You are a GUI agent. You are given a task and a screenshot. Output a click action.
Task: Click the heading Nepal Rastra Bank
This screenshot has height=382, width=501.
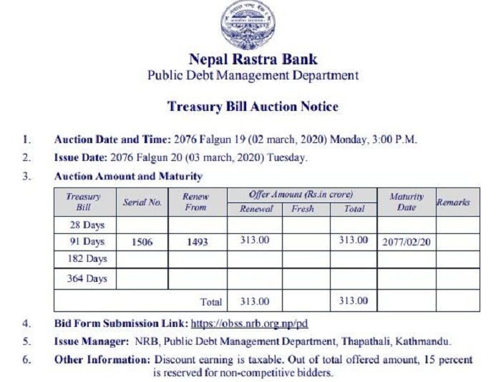252,59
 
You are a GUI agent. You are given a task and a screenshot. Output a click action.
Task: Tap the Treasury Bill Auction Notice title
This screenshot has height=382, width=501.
252,107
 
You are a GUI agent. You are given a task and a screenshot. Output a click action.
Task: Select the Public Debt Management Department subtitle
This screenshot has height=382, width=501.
252,75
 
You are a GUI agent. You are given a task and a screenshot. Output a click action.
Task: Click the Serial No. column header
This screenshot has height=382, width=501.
142,202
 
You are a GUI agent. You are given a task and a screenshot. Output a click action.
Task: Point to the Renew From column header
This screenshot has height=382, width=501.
195,202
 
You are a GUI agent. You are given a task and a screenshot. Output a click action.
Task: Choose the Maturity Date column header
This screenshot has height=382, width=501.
407,202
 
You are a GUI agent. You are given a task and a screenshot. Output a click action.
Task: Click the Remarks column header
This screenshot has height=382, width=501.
453,202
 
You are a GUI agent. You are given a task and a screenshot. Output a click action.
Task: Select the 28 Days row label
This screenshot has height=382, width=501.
86,225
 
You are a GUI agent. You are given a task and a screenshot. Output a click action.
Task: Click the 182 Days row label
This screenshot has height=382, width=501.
86,258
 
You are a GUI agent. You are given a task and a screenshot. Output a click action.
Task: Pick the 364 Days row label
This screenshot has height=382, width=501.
86,279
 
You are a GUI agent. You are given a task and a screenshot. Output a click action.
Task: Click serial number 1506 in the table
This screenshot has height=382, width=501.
142,242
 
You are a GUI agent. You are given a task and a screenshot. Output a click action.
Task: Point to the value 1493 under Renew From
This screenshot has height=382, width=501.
195,242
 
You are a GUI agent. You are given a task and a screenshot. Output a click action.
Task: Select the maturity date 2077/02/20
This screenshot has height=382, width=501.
406,242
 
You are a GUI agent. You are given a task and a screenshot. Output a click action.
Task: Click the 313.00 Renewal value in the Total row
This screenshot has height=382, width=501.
253,301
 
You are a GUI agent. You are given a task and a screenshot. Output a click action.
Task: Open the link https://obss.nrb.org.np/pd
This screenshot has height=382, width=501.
253,324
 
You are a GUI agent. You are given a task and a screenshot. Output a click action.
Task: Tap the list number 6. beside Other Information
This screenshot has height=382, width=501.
26,359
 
